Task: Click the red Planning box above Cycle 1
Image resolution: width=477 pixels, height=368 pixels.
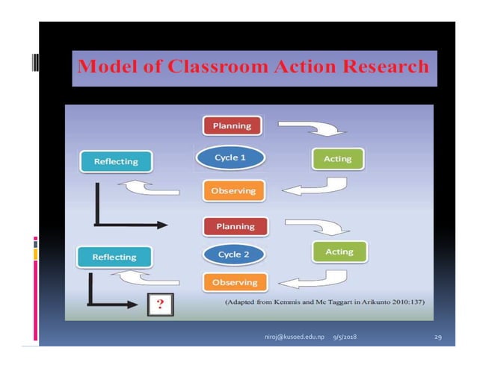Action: pyautogui.click(x=232, y=125)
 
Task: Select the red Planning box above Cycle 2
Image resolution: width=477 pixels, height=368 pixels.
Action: pyautogui.click(x=234, y=225)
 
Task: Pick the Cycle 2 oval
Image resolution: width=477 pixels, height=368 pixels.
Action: pyautogui.click(x=233, y=255)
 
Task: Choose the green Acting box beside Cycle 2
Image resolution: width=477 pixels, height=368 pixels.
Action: pyautogui.click(x=339, y=252)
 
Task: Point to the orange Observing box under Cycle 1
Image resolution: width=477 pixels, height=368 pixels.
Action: pyautogui.click(x=233, y=190)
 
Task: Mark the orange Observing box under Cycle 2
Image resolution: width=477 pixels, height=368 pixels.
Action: pyautogui.click(x=235, y=282)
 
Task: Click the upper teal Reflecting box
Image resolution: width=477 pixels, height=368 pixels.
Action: pyautogui.click(x=115, y=160)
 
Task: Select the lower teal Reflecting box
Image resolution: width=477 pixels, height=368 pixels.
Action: pyautogui.click(x=114, y=257)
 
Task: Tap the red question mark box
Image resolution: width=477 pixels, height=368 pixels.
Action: pyautogui.click(x=158, y=304)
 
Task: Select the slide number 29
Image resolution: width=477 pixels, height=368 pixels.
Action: pyautogui.click(x=438, y=337)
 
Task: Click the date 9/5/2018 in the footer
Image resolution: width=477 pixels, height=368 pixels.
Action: pyautogui.click(x=345, y=337)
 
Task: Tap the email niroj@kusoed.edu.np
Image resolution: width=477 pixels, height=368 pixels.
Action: pyautogui.click(x=294, y=337)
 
